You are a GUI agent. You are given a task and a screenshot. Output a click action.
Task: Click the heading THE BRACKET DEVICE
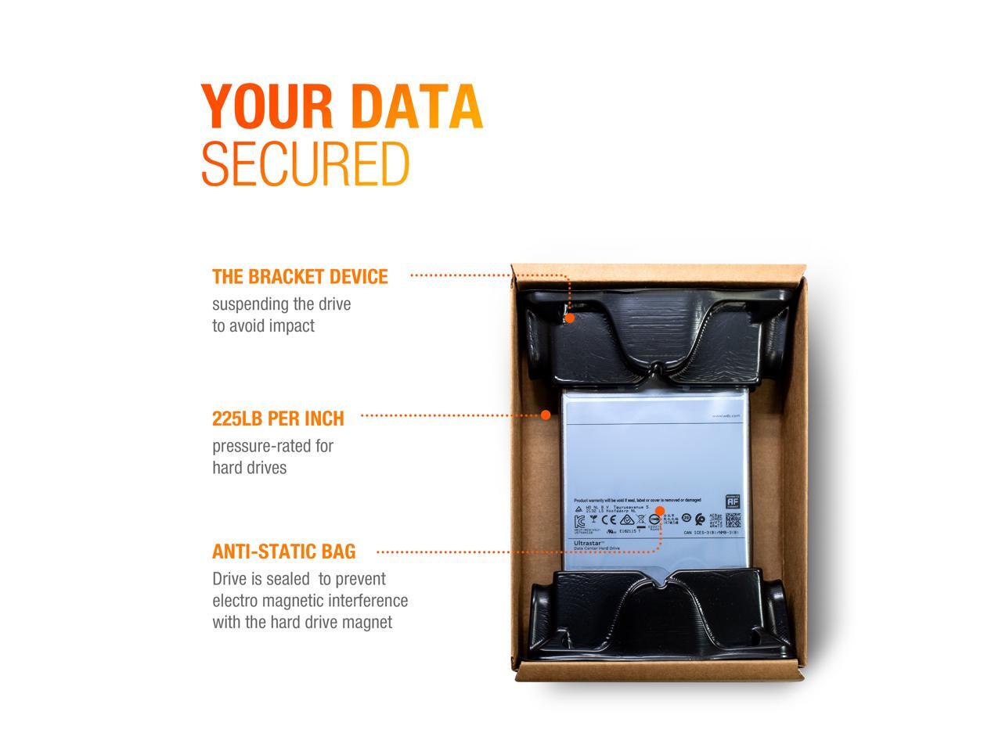pyautogui.click(x=300, y=277)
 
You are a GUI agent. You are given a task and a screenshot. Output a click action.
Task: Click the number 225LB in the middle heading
pyautogui.click(x=237, y=419)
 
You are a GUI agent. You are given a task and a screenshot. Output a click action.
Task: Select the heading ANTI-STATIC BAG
pyautogui.click(x=283, y=552)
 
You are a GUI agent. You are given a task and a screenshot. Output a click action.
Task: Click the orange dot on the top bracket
pyautogui.click(x=570, y=318)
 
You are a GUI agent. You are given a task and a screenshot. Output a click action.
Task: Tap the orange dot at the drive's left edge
pyautogui.click(x=546, y=415)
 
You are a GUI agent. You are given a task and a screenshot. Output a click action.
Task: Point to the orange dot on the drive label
pyautogui.click(x=659, y=512)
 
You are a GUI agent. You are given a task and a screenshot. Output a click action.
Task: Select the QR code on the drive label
pyautogui.click(x=733, y=520)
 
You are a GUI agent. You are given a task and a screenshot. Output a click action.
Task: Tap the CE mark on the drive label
pyautogui.click(x=608, y=519)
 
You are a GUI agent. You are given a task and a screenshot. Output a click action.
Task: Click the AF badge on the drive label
pyautogui.click(x=733, y=501)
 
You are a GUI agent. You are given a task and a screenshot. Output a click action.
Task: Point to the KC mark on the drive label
pyautogui.click(x=579, y=520)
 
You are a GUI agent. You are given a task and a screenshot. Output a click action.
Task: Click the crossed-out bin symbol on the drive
pyautogui.click(x=594, y=519)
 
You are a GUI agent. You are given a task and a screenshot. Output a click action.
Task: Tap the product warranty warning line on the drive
pyautogui.click(x=637, y=500)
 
